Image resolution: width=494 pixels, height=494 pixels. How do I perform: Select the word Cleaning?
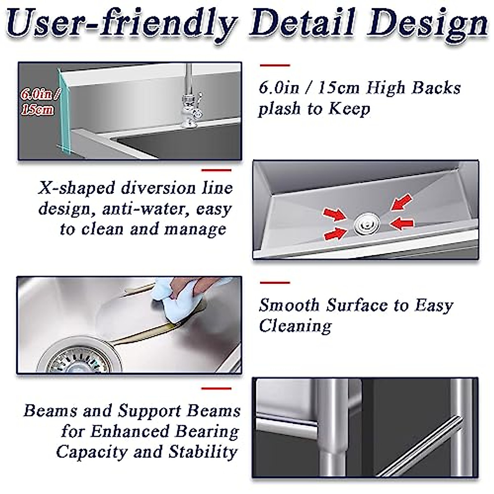295,326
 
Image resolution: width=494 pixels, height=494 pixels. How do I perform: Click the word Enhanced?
130,431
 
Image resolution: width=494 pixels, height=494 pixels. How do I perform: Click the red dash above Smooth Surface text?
275,283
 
